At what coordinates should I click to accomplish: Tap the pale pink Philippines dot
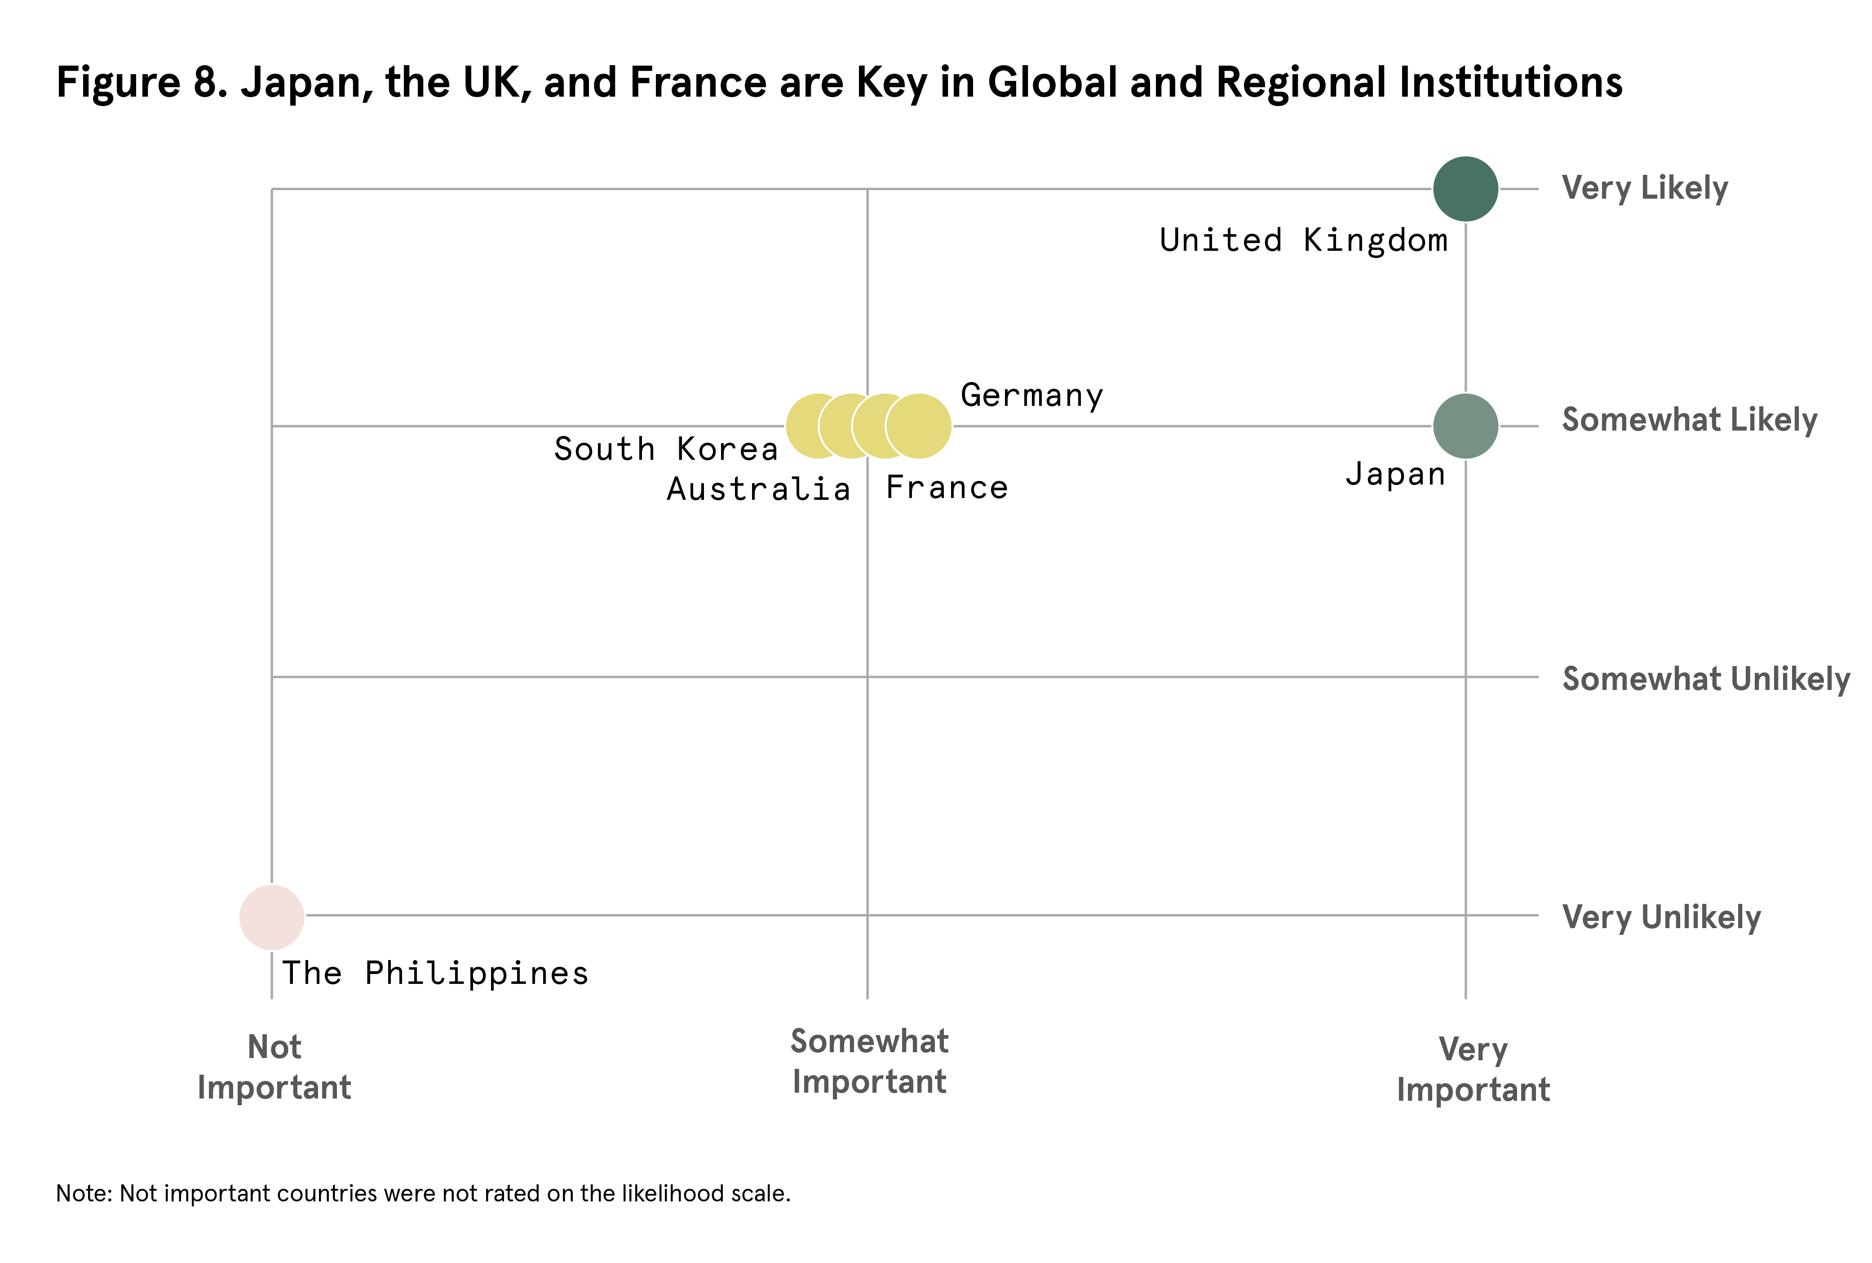point(272,916)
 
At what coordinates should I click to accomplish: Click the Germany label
point(1031,396)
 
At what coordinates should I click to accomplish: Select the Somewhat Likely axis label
point(1689,420)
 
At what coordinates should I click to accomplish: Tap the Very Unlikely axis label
point(1661,917)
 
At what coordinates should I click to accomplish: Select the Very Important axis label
point(1473,1070)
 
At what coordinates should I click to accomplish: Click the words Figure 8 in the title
point(142,83)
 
